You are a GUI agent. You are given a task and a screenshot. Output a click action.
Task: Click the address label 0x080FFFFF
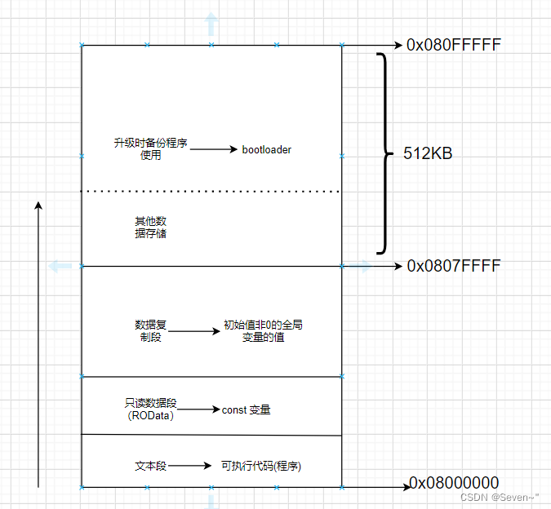pos(453,46)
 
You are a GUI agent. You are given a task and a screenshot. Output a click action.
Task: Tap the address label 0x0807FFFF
pos(454,266)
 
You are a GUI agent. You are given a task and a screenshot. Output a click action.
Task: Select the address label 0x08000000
pos(454,483)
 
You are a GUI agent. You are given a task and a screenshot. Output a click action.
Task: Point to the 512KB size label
pos(428,153)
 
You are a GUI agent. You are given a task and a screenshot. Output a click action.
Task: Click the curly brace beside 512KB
pos(383,153)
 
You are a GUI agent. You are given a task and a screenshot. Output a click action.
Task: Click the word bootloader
pos(267,150)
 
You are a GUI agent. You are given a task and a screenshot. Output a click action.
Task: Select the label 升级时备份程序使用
pos(151,149)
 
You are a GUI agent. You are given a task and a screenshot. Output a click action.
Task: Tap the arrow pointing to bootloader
pos(214,150)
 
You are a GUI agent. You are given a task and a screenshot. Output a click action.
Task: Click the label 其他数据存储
pos(151,228)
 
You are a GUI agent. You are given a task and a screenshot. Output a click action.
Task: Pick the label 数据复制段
pos(151,330)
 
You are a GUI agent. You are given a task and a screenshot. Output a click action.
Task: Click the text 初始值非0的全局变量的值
pos(263,330)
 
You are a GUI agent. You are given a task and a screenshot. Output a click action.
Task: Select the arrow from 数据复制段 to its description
pos(194,331)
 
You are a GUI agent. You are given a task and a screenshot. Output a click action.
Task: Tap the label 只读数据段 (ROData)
pos(151,409)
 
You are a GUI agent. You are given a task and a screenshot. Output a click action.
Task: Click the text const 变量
pos(246,409)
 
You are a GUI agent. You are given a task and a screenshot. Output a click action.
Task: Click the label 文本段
pos(151,466)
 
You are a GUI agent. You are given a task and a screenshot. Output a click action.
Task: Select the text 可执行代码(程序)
pos(267,466)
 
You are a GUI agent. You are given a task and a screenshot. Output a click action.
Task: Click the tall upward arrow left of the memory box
pos(38,343)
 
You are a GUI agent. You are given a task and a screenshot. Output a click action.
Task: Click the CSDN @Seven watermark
pos(500,497)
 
